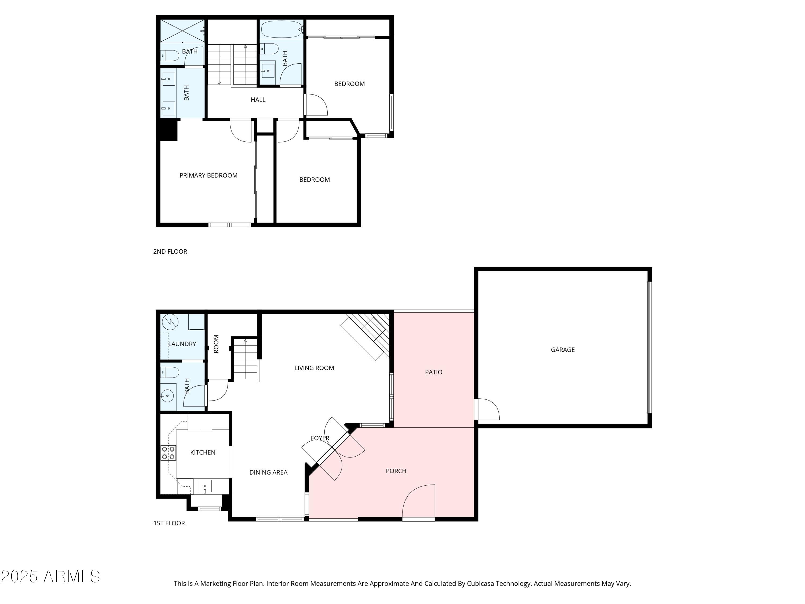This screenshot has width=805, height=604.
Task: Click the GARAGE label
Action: tap(563, 350)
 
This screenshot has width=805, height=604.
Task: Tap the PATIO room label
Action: tap(433, 372)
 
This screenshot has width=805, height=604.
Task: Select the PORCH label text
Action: tap(396, 471)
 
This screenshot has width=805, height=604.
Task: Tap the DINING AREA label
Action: tap(268, 472)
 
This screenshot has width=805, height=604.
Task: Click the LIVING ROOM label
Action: tap(314, 368)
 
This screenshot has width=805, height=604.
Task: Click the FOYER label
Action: tap(320, 438)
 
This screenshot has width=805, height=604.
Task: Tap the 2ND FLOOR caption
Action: tap(170, 252)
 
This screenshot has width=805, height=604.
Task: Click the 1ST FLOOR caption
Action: tap(169, 523)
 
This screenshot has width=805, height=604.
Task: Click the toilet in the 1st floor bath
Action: tap(170, 372)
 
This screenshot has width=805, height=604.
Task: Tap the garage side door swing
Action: tap(488, 410)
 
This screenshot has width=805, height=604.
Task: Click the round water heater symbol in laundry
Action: tap(170, 322)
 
